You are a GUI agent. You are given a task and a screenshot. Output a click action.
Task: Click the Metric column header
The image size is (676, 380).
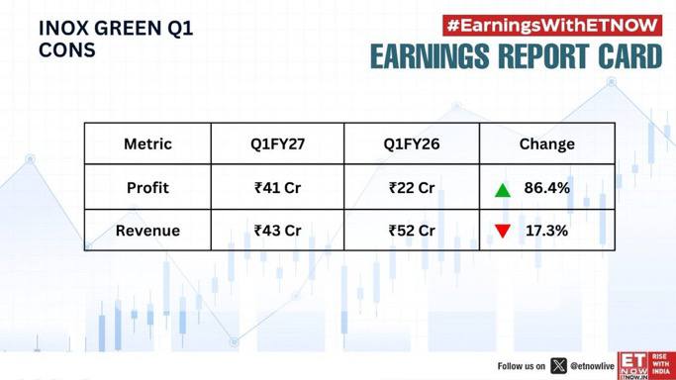pos(147,143)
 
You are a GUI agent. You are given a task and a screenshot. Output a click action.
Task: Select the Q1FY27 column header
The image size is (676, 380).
pos(278,143)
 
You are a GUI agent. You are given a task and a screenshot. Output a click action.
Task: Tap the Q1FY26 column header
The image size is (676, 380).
pos(412,143)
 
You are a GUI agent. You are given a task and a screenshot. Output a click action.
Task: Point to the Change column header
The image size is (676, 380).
pos(546,144)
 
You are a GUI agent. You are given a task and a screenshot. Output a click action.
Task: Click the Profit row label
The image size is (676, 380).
pos(147,188)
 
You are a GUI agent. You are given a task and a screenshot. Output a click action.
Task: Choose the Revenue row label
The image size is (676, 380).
pos(147,231)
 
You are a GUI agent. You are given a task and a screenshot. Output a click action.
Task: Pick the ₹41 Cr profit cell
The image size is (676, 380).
pos(278,188)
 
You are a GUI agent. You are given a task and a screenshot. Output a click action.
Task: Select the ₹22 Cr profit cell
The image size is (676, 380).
pos(412,188)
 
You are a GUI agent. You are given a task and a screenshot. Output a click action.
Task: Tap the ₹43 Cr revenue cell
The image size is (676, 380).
pos(278,231)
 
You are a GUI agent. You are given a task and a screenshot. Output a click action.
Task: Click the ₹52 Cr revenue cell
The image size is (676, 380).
pos(412,231)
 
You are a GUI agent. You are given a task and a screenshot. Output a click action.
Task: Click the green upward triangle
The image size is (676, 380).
pos(503,191)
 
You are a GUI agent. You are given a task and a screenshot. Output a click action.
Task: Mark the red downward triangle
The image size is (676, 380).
pos(503,231)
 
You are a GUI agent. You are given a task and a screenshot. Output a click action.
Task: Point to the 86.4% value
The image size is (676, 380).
pos(546,188)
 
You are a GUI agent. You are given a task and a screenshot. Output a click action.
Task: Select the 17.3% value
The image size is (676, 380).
pos(546,231)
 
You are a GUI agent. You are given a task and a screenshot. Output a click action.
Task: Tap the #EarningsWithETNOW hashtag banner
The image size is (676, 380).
pos(552,26)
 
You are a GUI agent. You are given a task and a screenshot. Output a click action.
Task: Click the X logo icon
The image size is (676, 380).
pos(559,366)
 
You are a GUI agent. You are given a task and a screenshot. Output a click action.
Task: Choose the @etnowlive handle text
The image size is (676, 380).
pos(592,366)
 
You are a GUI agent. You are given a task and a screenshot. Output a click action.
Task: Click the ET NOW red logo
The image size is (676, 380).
pos(646,366)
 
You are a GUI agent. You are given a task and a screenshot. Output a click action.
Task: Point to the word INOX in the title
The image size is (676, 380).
pos(63,29)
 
